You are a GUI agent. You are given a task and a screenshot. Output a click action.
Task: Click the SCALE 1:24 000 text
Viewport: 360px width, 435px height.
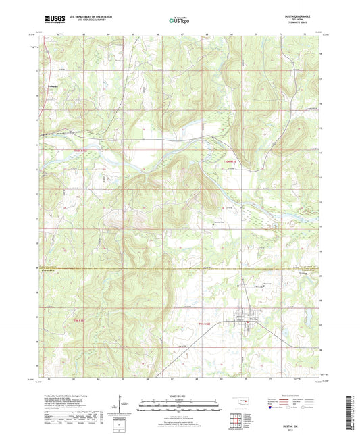point(180,396)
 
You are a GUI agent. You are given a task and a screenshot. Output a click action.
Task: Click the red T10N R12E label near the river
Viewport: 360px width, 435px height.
point(230,161)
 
